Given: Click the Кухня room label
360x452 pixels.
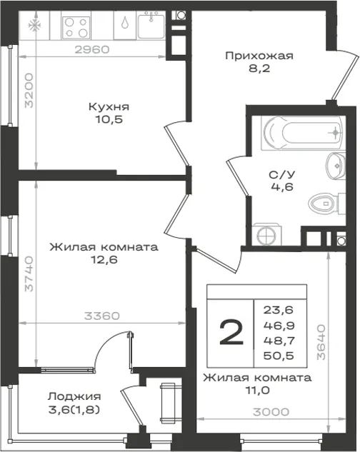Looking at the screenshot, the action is tap(109, 106).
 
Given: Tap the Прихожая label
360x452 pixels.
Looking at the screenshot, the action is tap(259, 56).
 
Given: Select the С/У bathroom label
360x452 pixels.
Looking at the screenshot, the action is tap(282, 175).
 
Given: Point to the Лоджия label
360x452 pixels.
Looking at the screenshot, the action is tap(74, 396).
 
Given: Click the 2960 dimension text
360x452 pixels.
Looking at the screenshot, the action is tap(92, 49).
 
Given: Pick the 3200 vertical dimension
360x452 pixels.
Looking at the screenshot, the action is tap(29, 91).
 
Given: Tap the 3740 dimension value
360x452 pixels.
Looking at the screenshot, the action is tap(29, 274).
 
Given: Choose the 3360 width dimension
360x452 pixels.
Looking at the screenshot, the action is tap(102, 316).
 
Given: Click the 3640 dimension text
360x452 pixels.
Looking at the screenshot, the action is tap(321, 342).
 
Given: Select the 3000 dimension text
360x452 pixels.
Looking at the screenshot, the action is tap(271, 412).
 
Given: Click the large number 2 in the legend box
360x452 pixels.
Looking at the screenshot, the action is tap(231, 333).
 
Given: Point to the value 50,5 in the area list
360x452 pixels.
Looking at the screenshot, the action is tap(279, 356).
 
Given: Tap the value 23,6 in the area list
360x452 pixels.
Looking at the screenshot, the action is tap(278, 310).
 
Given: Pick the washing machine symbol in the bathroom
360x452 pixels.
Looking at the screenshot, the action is tap(267, 235).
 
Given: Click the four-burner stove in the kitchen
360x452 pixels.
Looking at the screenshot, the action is tap(76, 27).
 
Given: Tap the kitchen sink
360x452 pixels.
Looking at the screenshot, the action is tap(151, 26).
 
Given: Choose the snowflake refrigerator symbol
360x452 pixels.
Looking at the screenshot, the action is tap(34, 26).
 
